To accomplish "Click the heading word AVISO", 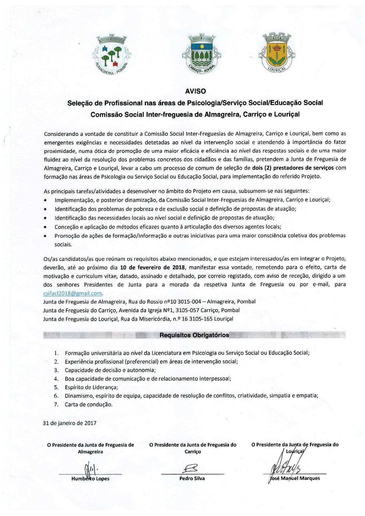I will point(195,91).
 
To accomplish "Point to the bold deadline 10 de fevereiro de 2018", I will point(153,267).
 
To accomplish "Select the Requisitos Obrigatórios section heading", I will point(194,335).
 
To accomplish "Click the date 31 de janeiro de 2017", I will point(70,423).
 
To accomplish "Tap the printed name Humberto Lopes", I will point(90,479).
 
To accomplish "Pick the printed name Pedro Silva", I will point(192,478).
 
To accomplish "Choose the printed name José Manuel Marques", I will point(295,478).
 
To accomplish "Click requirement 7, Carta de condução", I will point(89,404).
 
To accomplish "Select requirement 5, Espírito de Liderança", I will point(91,387).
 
